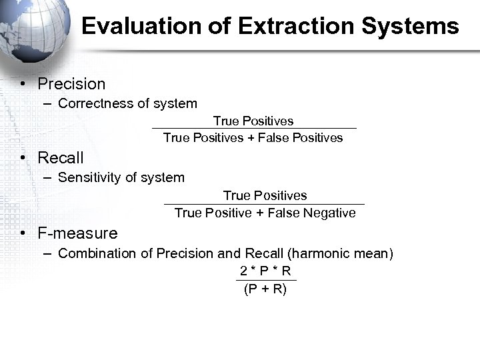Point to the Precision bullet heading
tap(71, 84)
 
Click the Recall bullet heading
tap(61, 158)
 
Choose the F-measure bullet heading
tap(77, 233)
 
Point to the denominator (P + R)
tap(265, 289)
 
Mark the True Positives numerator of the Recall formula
tap(265, 195)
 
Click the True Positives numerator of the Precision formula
tap(253, 121)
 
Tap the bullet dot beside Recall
tap(23, 158)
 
